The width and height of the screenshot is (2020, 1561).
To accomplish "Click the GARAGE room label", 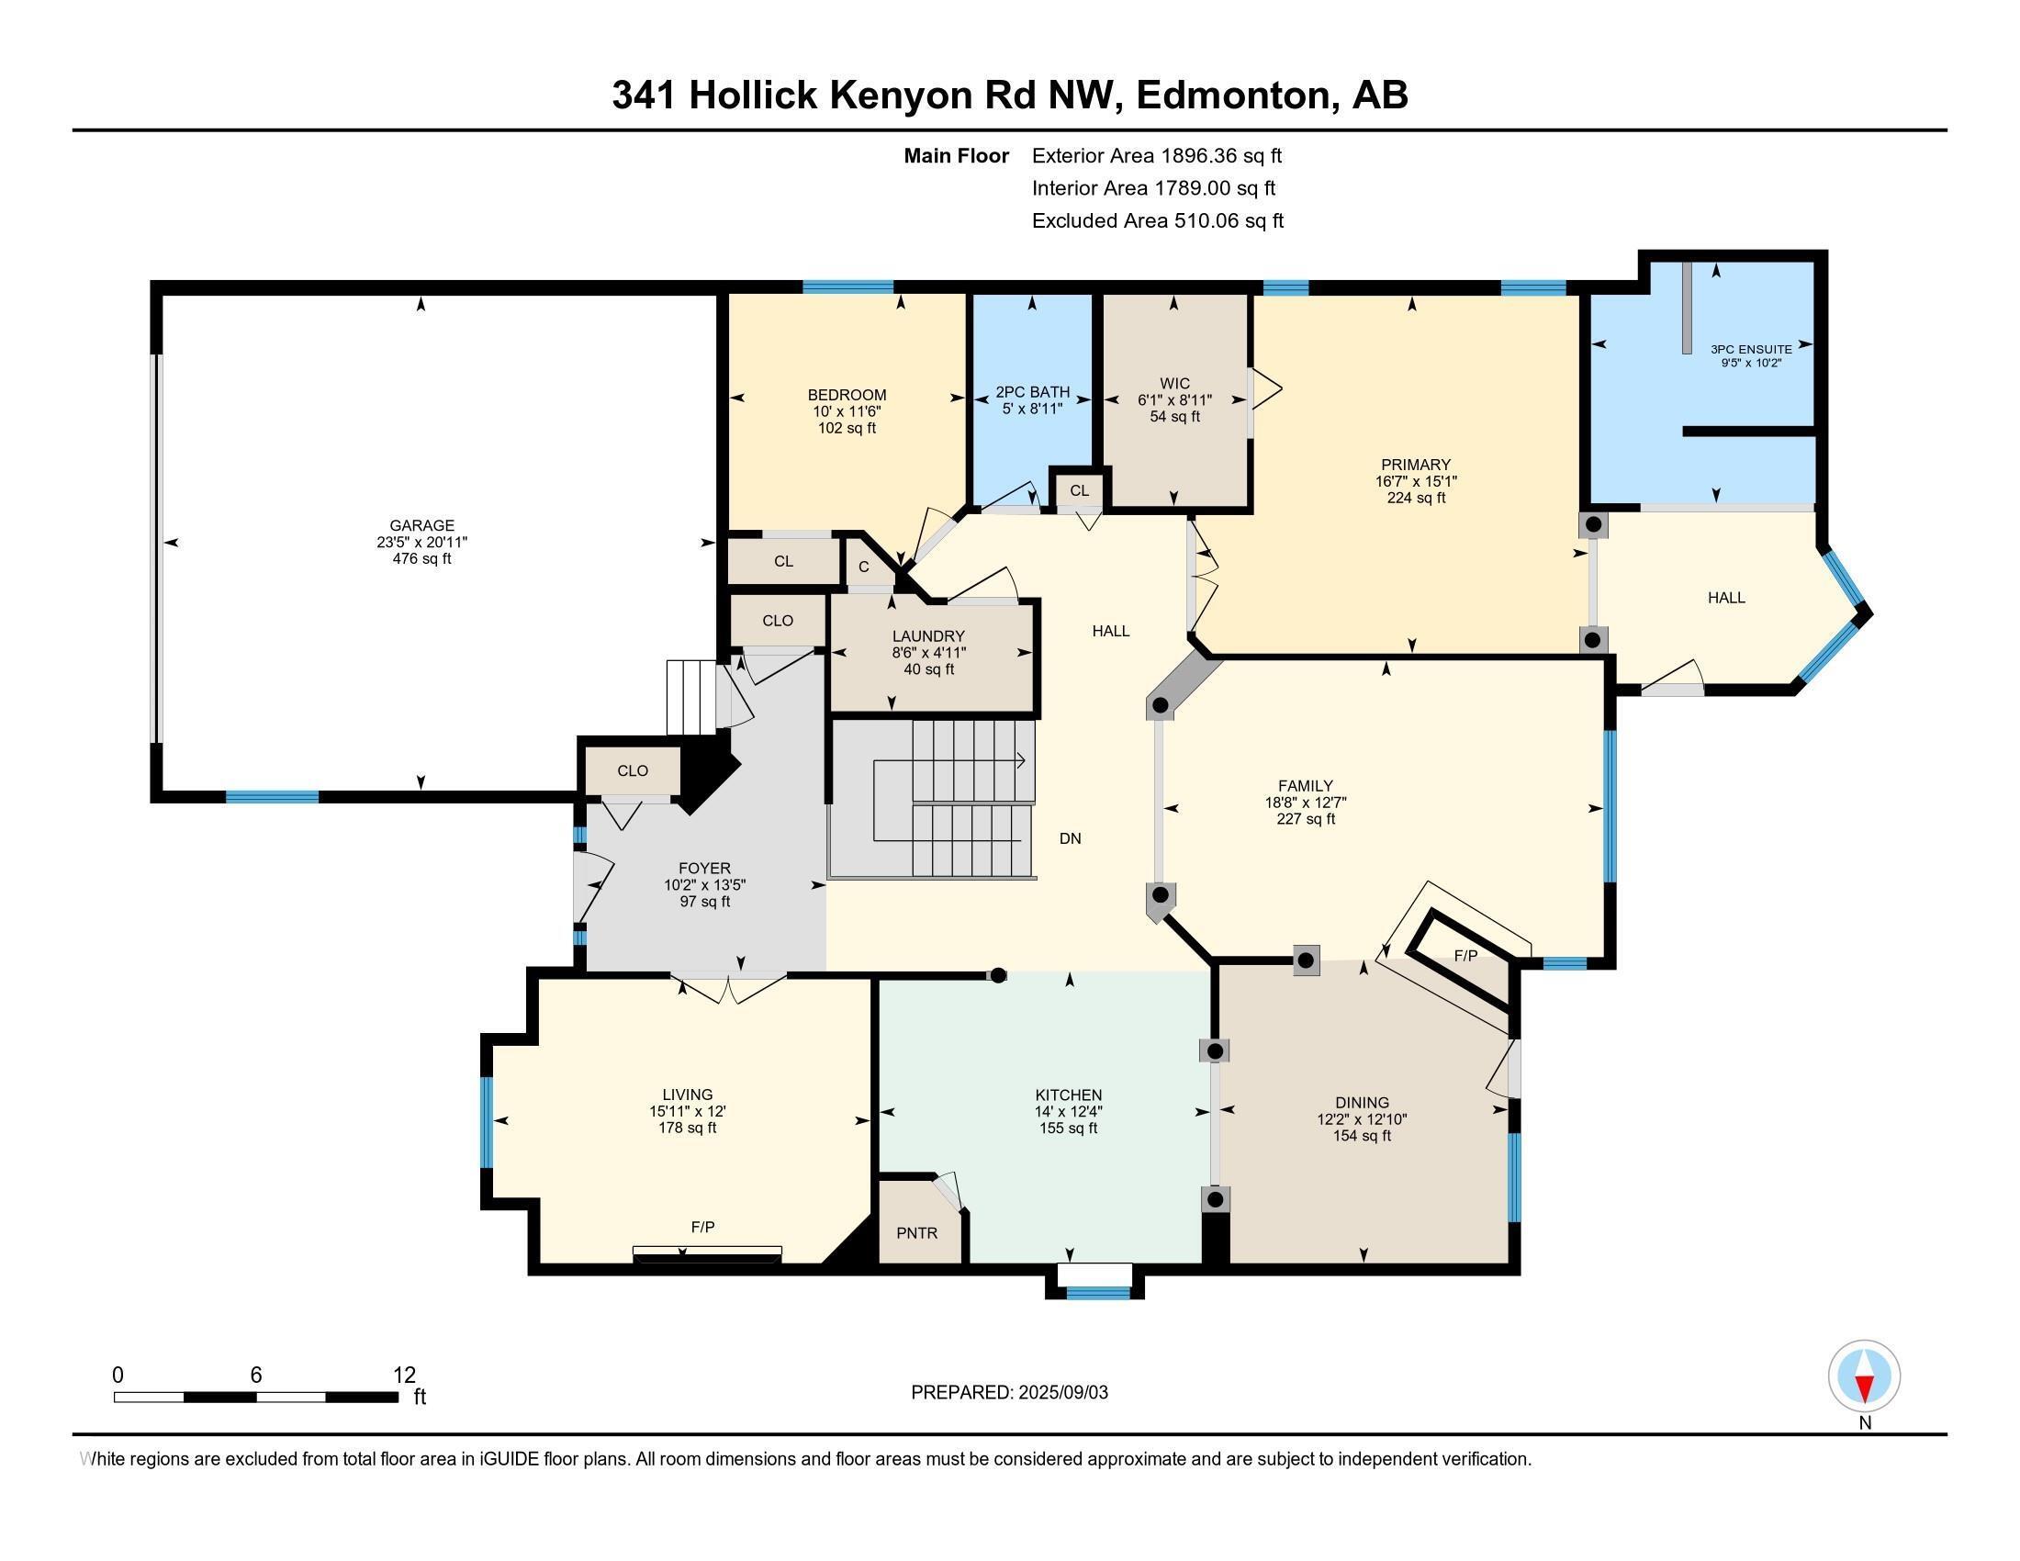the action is (x=421, y=525).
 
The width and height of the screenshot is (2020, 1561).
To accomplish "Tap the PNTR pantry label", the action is (x=916, y=1232).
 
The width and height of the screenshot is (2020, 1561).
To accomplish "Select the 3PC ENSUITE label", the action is (x=1751, y=350).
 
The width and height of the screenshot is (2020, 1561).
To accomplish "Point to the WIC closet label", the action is (x=1174, y=384).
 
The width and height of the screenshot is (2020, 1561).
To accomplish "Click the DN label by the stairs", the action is (x=1070, y=838).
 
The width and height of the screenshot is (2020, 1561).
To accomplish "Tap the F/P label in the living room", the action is (x=703, y=1227).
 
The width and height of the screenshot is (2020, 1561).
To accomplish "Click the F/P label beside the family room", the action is (x=1466, y=955).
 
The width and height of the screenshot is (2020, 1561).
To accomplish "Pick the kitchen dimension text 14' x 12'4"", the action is (x=1068, y=1112).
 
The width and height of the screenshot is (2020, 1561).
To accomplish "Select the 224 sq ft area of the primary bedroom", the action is (x=1415, y=498).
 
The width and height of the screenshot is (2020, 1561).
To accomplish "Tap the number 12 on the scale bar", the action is (x=404, y=1376).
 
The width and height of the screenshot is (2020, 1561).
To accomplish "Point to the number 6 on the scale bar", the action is (x=256, y=1376).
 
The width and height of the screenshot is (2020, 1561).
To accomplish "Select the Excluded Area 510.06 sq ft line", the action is (x=1158, y=221).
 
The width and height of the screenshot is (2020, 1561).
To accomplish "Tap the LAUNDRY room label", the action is (x=927, y=636).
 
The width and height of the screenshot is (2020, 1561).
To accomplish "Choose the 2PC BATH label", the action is (x=1032, y=392).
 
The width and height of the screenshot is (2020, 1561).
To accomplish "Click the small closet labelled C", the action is (x=864, y=567).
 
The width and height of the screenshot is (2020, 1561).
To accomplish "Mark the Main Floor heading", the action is (x=957, y=156).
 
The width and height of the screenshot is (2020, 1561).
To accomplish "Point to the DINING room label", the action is (x=1362, y=1102).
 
